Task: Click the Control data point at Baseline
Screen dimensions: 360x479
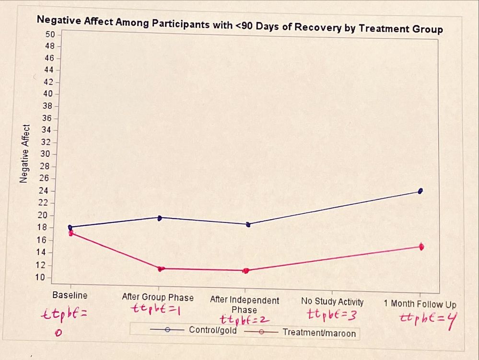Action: [x=70, y=227]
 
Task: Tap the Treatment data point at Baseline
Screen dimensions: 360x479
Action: [x=71, y=233]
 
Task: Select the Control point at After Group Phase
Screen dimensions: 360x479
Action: [x=160, y=218]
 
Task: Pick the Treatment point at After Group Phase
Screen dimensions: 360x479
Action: [x=161, y=269]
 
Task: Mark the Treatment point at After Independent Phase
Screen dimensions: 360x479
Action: [x=246, y=271]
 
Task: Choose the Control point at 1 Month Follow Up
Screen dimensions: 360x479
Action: [x=421, y=191]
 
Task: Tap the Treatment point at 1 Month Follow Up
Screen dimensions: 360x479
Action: [x=421, y=247]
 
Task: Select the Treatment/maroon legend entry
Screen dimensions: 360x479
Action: [x=319, y=332]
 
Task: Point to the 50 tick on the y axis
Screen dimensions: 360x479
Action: [x=50, y=35]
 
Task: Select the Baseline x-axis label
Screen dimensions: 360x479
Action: [x=70, y=295]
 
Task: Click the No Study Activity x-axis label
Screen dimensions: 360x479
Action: [x=332, y=302]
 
